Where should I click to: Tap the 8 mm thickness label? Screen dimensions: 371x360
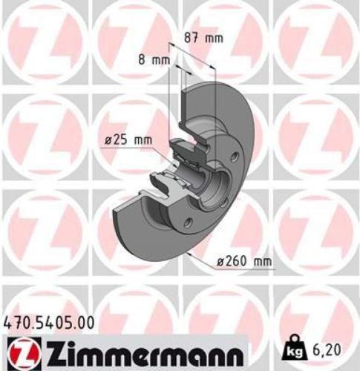[x=153, y=61]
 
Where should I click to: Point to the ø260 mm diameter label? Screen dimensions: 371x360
[x=242, y=260]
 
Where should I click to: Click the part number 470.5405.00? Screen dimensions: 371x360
[x=50, y=321]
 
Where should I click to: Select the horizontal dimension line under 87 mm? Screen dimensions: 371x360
[x=194, y=46]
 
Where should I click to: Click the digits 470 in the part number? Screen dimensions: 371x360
[x=17, y=321]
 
